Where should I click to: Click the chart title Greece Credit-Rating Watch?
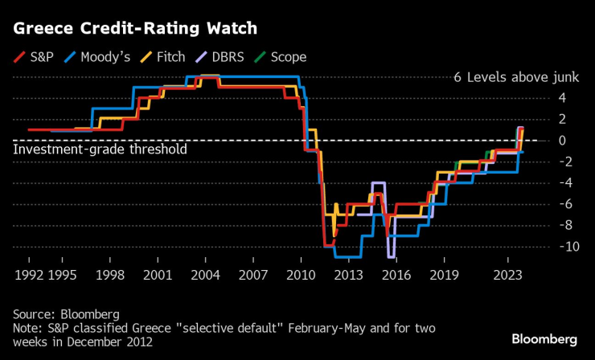tap(134, 29)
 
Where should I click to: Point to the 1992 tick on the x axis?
tap(29, 274)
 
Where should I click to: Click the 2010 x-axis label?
tap(299, 274)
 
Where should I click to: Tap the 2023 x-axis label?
tap(507, 274)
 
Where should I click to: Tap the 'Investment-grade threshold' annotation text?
tap(101, 149)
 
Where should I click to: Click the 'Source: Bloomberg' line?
tap(66, 313)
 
